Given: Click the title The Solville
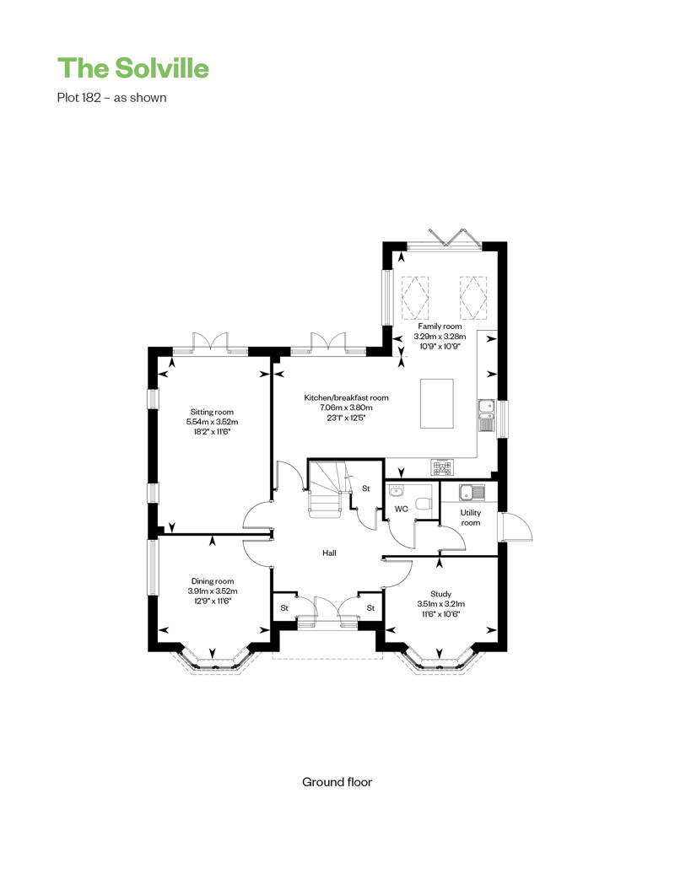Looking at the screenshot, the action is [x=133, y=68].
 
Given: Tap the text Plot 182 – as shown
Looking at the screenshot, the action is [x=111, y=98].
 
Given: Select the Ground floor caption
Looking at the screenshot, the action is [x=337, y=782].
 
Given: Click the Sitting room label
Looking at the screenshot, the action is [x=212, y=412].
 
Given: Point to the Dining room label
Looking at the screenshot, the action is [x=213, y=580].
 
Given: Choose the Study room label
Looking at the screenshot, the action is [x=441, y=594].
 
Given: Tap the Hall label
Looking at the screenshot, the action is [x=329, y=553].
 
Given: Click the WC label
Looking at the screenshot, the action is [x=402, y=509].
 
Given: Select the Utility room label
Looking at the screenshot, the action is [x=471, y=518].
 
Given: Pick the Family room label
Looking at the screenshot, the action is [x=440, y=326].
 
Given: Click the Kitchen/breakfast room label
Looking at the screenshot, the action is [x=346, y=397].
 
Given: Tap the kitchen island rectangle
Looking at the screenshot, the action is [x=436, y=403].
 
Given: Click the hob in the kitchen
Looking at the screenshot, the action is [x=443, y=467].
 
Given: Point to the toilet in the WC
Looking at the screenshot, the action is [x=424, y=504].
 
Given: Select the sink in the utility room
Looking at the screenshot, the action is [x=472, y=492].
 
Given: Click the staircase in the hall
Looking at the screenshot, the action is [x=326, y=488].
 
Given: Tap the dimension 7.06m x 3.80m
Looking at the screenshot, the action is [x=346, y=407].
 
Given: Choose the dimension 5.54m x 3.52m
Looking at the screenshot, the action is [x=212, y=422].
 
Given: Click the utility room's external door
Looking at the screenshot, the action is [x=516, y=527].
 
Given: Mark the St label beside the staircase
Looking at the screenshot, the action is [x=366, y=488].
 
